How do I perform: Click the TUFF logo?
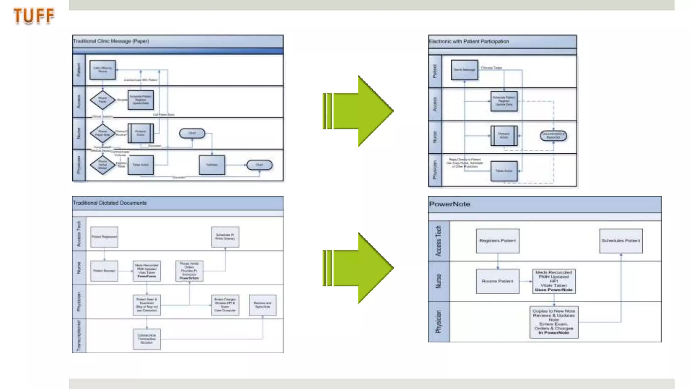(34, 16)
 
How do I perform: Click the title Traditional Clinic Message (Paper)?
(111, 41)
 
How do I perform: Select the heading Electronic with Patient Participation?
(469, 42)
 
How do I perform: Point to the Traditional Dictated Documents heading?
(110, 203)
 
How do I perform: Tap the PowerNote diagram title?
(449, 204)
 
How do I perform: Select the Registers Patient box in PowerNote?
(497, 241)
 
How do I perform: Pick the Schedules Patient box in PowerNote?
(621, 241)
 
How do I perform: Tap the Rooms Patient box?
(497, 281)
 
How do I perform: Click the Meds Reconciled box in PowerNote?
(554, 281)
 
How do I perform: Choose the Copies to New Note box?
(554, 322)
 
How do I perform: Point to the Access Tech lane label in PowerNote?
(439, 241)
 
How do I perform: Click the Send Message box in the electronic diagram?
(465, 70)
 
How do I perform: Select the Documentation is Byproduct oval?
(553, 136)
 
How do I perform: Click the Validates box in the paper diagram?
(212, 165)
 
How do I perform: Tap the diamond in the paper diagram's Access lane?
(103, 100)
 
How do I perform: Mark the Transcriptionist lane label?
(79, 336)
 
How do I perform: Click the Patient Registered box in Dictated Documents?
(104, 237)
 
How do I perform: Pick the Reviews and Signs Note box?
(263, 305)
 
